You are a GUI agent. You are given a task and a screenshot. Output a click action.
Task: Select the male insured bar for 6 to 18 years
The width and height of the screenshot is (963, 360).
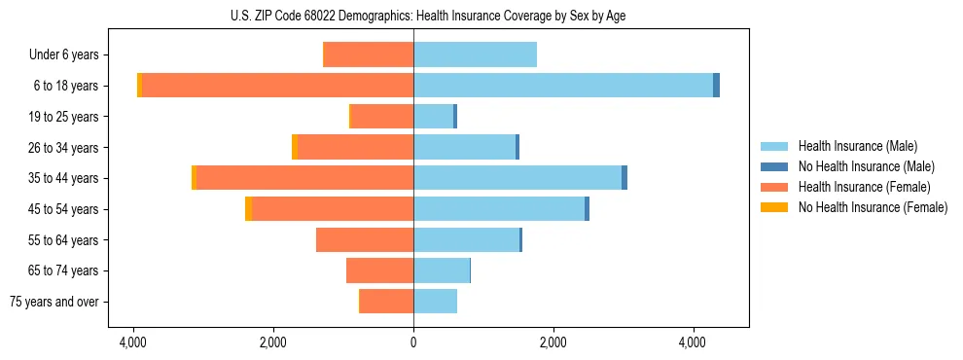563,86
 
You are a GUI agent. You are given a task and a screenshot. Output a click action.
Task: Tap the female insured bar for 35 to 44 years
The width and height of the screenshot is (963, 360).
304,178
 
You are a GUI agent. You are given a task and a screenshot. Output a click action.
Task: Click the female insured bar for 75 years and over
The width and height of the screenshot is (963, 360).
387,302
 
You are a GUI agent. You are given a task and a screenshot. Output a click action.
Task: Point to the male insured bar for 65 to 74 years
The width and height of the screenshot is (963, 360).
442,270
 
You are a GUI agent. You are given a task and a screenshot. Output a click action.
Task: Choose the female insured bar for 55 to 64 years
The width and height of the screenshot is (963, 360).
365,239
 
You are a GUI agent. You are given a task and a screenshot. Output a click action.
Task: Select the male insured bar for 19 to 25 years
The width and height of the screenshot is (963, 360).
433,117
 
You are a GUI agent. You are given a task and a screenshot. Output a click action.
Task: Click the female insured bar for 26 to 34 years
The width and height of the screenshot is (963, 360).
355,147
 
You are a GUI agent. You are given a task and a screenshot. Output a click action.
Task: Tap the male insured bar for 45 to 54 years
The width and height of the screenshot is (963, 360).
499,209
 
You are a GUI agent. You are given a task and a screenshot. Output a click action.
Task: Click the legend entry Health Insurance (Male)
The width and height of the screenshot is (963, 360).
857,146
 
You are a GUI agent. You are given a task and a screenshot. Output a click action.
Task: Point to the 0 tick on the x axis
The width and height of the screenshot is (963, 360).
413,342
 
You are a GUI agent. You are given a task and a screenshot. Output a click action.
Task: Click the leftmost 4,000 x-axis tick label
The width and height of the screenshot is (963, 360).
133,342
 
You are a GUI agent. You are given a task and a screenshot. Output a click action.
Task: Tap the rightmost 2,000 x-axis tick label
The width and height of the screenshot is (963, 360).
553,342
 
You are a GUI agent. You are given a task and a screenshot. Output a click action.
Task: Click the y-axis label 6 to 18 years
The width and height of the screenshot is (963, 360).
64,86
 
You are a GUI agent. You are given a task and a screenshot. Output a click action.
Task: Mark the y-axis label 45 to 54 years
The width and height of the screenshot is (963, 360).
62,209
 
